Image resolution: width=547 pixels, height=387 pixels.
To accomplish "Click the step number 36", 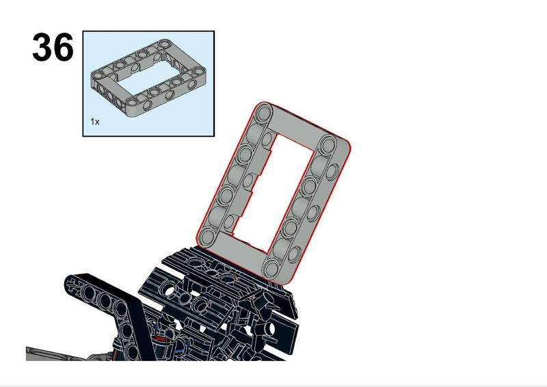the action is [x=53, y=47].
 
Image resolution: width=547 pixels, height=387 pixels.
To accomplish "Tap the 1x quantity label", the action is [x=95, y=122].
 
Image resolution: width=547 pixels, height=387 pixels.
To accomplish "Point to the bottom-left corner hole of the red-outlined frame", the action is [x=208, y=235].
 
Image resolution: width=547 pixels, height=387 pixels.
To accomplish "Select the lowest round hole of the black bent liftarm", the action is [x=133, y=350].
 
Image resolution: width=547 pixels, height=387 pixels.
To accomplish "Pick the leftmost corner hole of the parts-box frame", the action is [x=98, y=75].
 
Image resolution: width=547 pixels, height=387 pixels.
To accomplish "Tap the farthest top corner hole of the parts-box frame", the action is [x=163, y=44].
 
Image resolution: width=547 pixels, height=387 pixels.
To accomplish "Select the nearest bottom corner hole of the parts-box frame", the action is [x=133, y=102].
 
